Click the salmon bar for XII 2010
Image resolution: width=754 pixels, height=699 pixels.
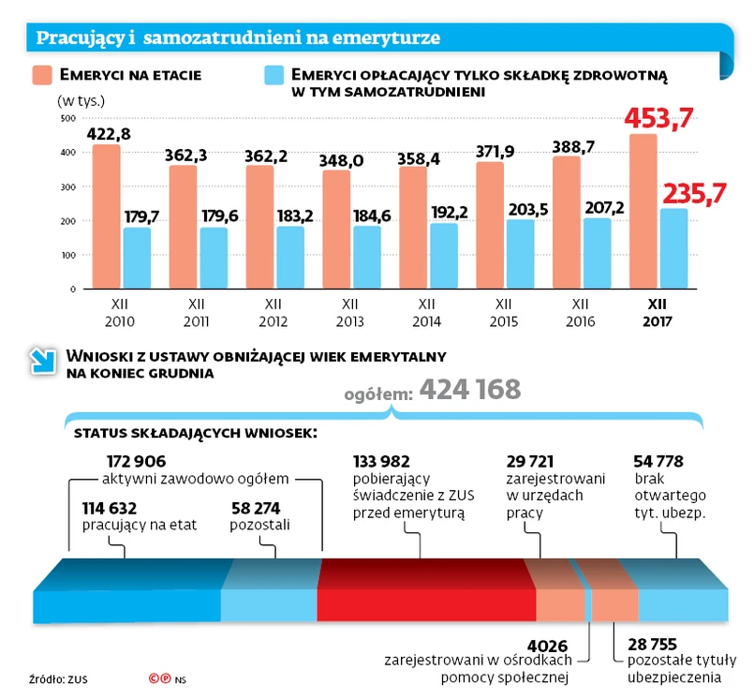(107, 217)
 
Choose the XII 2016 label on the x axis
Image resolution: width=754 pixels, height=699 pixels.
(580, 312)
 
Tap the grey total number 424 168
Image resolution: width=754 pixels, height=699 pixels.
(469, 389)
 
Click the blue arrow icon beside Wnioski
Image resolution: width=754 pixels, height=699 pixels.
(43, 361)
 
